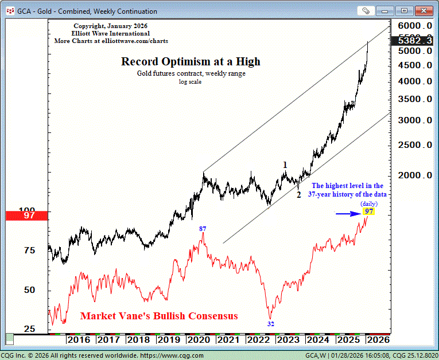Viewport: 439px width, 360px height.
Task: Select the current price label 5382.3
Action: point(413,41)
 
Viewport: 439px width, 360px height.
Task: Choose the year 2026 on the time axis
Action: point(378,339)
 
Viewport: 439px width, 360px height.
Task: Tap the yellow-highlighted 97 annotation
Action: point(369,212)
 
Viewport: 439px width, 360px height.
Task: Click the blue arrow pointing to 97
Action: point(347,214)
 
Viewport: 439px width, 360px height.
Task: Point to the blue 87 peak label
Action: point(203,229)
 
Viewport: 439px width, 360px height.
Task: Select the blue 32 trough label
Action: point(271,324)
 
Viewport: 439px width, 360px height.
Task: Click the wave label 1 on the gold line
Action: point(285,165)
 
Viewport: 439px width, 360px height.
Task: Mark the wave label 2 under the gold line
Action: point(298,195)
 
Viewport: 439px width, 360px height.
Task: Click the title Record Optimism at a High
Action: point(191,62)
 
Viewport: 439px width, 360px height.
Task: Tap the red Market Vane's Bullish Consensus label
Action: point(159,316)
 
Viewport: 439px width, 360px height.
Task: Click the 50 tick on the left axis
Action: point(29,290)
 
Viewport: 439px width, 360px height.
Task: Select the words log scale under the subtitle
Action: point(191,82)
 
